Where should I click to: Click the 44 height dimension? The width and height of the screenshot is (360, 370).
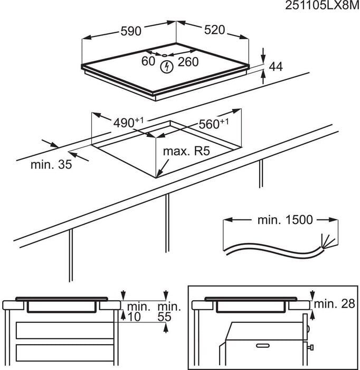276,67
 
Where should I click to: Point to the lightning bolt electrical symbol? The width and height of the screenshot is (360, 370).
167,67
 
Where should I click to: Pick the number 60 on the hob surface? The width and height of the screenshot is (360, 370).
148,61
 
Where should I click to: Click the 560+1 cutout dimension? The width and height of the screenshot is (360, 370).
213,124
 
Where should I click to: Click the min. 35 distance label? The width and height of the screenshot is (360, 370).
51,165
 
